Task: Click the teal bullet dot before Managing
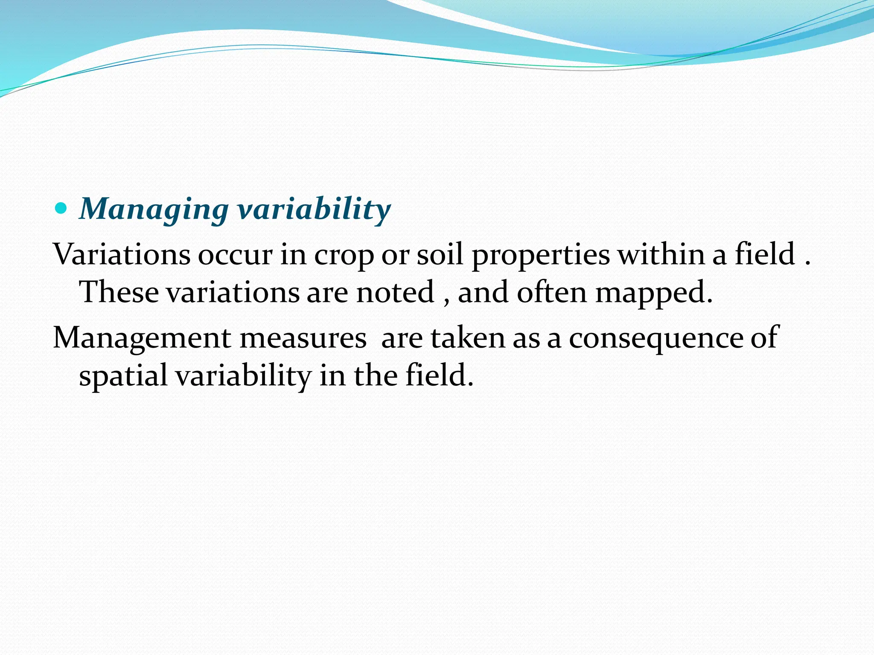[x=61, y=209]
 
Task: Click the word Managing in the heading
[x=154, y=210]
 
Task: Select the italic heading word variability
[x=314, y=209]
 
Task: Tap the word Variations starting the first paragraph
[x=122, y=255]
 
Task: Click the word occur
[x=235, y=255]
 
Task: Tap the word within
[x=661, y=255]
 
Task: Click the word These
[x=119, y=293]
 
